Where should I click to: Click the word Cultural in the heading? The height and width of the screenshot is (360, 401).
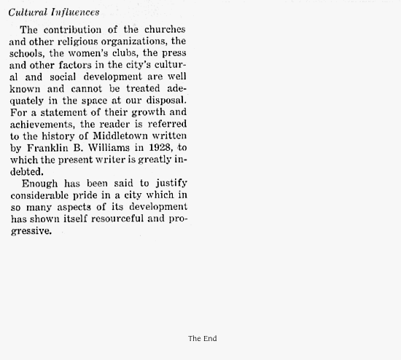[28, 12]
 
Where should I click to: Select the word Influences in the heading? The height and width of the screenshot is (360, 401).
[75, 12]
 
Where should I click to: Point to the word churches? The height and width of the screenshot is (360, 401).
[166, 30]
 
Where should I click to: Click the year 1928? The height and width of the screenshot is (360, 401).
[158, 148]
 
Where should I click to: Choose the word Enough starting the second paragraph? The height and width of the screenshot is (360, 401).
[41, 184]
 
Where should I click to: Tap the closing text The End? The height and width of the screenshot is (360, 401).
[202, 338]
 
